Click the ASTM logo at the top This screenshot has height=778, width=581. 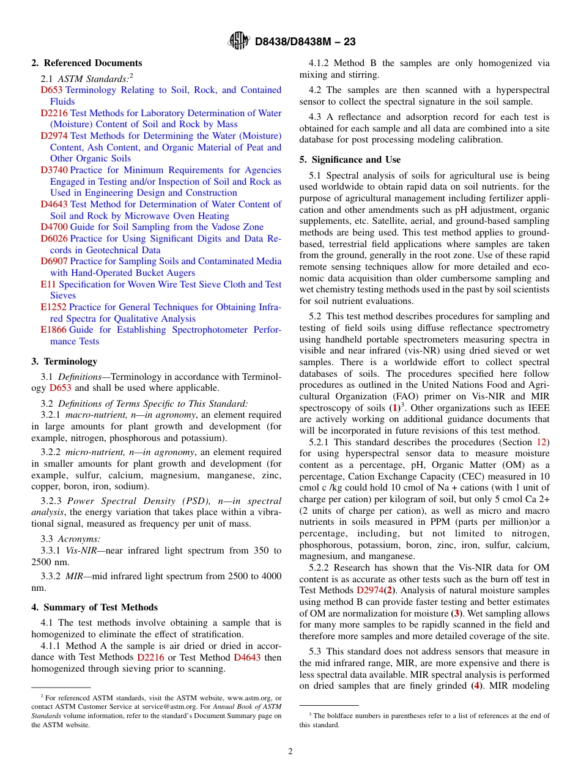tap(239, 41)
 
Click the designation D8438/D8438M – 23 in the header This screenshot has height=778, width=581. tap(305, 42)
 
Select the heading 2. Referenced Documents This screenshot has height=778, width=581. tap(86, 63)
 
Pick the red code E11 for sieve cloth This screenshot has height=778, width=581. tap(48, 284)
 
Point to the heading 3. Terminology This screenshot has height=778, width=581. tap(64, 361)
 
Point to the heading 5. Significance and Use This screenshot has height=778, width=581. tap(350, 160)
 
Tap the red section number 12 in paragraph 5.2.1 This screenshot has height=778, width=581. tap(543, 442)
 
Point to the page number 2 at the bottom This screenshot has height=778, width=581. tap(290, 752)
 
